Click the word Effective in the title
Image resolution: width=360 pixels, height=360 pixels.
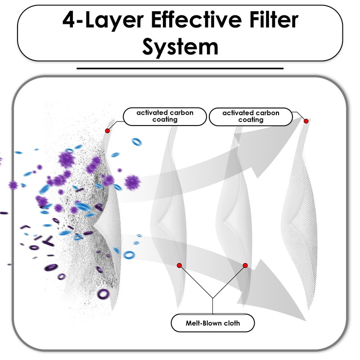click(x=196, y=20)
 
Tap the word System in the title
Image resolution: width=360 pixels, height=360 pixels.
click(x=180, y=47)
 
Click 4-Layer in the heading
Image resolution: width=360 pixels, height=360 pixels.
click(x=103, y=21)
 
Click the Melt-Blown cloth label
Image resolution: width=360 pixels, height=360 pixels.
click(x=213, y=323)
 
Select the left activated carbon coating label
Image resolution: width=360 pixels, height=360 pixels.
click(x=165, y=117)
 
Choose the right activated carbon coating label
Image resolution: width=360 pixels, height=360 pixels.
click(x=251, y=117)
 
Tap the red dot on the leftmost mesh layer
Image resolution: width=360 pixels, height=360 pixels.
click(x=107, y=131)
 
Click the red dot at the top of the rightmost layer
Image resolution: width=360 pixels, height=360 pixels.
click(x=306, y=121)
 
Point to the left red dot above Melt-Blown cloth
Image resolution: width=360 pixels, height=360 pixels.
click(x=179, y=265)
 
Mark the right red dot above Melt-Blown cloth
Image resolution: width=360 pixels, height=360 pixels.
click(x=245, y=265)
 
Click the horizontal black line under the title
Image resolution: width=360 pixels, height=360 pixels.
click(x=180, y=68)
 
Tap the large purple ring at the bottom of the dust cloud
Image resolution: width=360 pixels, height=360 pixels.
click(x=103, y=294)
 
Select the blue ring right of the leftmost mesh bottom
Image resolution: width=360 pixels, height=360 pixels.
click(x=129, y=255)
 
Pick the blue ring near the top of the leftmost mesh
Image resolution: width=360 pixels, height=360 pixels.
click(x=137, y=142)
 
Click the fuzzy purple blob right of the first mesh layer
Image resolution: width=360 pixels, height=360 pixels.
click(x=132, y=183)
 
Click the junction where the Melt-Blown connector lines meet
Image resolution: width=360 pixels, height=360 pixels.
click(x=212, y=298)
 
